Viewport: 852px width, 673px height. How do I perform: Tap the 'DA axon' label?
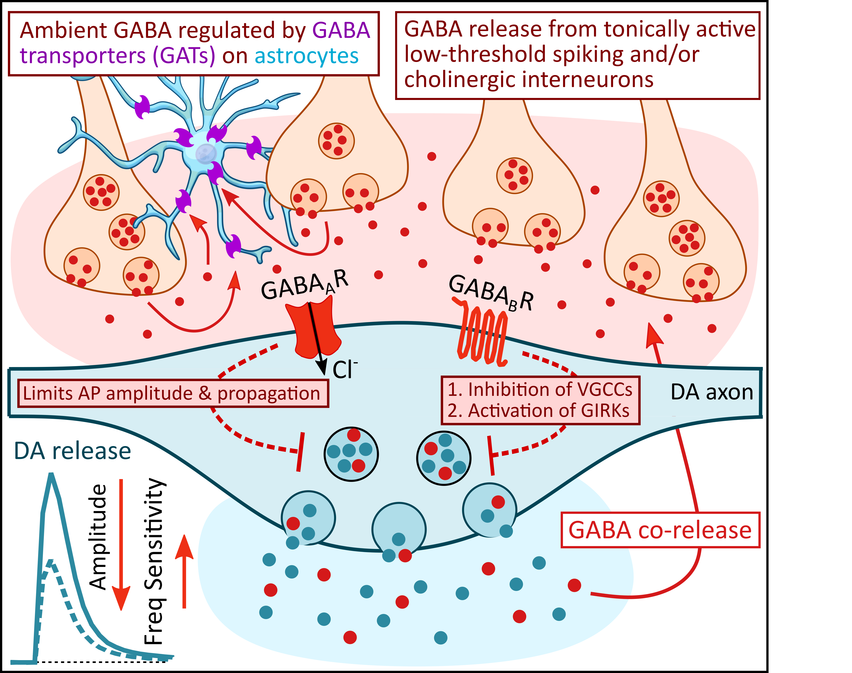point(711,392)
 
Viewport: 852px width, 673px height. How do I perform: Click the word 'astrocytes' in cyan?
point(306,56)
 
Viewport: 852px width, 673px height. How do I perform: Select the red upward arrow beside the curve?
point(184,571)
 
